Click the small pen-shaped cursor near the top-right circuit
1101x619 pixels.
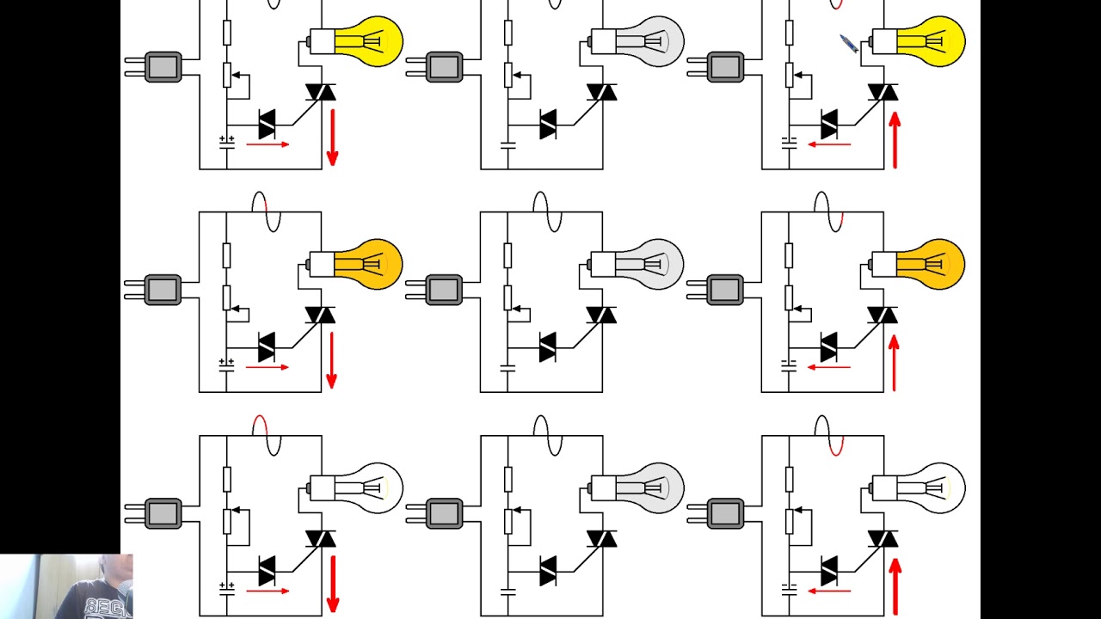848,44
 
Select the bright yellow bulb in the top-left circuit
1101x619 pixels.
368,41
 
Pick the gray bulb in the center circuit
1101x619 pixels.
649,264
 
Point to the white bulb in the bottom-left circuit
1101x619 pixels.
368,488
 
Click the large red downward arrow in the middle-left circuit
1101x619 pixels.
332,360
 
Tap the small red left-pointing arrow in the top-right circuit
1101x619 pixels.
829,144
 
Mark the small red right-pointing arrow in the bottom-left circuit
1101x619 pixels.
268,591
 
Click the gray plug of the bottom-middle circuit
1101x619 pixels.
443,514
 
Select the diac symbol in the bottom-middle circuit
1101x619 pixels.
548,570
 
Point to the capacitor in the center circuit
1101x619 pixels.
507,367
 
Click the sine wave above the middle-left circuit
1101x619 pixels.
266,211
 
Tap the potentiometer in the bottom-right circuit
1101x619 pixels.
789,521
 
